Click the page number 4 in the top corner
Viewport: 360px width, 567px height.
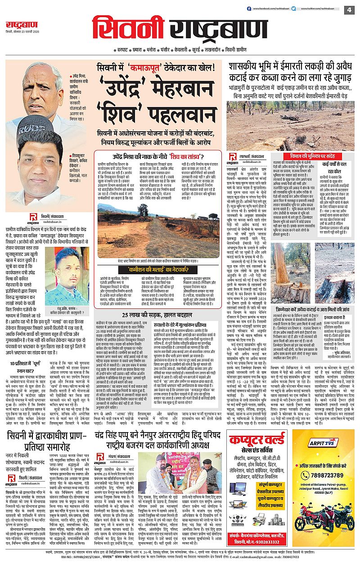click(x=349, y=10)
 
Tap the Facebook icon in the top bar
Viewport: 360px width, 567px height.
click(x=249, y=9)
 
